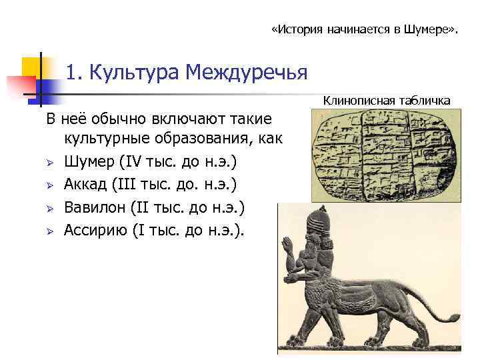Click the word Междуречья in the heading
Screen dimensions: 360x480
click(x=247, y=71)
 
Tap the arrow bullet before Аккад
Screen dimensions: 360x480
click(x=50, y=185)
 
